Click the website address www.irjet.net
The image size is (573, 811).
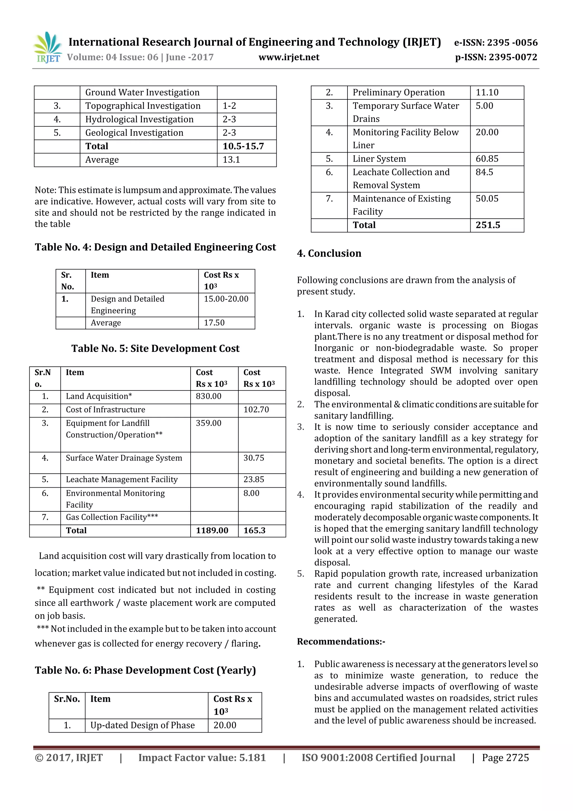coord(289,57)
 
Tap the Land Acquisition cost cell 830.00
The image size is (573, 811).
coord(209,396)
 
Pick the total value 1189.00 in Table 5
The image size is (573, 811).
coord(212,530)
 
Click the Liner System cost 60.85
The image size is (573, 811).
coord(487,159)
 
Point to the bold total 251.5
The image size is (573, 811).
coord(488,225)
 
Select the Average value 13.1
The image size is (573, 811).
coord(231,160)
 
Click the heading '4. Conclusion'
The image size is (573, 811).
coord(329,253)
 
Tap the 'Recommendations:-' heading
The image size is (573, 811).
coord(341,641)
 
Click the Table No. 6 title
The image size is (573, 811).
coord(145,670)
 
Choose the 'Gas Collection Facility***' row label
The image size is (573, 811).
coord(112,517)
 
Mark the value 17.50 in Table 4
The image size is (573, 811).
coord(214,323)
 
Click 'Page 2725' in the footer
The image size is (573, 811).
coord(505,758)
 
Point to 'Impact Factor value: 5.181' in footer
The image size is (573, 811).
coord(202,758)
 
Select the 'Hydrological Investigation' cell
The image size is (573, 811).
coord(139,119)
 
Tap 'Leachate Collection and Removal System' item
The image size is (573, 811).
coord(401,179)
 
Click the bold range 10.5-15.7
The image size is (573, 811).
coord(243,146)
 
